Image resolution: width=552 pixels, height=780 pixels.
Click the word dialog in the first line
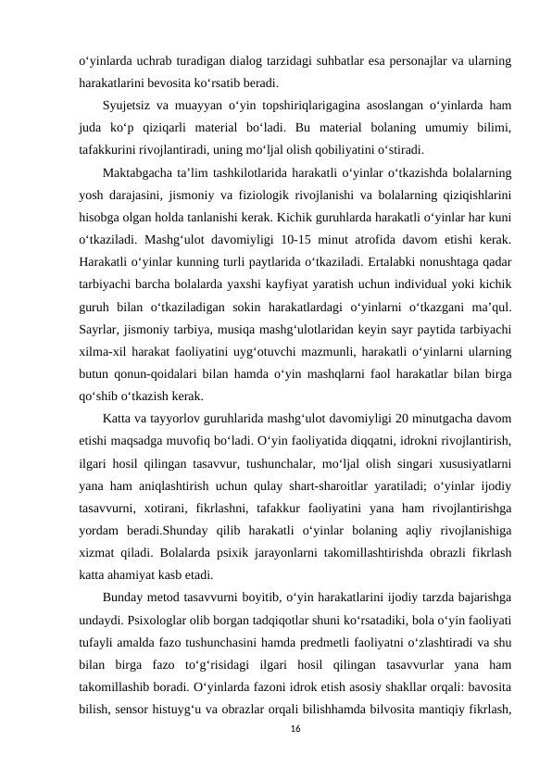(x=240, y=61)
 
